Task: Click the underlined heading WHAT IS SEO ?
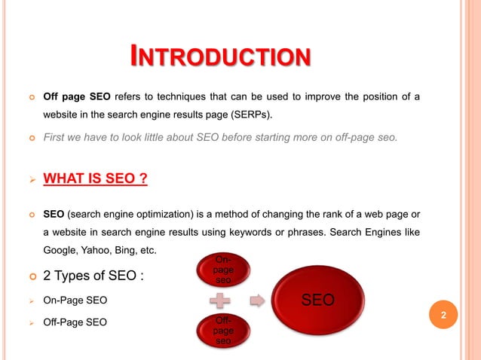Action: coord(94,179)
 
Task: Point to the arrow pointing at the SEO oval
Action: coord(258,300)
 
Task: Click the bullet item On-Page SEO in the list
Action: coord(75,301)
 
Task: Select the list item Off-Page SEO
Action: coord(75,323)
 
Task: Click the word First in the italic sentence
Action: coord(56,136)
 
